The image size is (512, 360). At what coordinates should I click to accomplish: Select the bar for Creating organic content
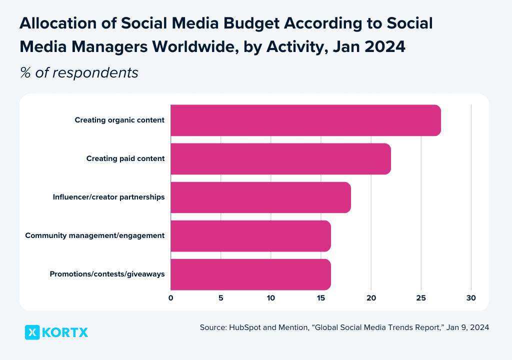click(x=305, y=120)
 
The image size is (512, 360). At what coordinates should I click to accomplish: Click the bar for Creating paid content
click(x=280, y=158)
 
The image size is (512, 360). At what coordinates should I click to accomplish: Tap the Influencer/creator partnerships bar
click(x=260, y=197)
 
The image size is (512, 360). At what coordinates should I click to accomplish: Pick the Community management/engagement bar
click(x=250, y=235)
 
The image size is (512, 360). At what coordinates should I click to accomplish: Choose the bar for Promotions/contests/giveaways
click(x=250, y=274)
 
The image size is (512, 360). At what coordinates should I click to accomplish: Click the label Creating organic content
click(x=119, y=120)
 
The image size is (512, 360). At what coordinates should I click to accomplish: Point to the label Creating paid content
click(x=125, y=158)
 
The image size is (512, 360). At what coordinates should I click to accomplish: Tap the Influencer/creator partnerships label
click(x=108, y=197)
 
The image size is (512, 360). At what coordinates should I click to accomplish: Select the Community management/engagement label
click(x=95, y=235)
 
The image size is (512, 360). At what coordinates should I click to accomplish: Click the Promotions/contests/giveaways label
click(x=107, y=274)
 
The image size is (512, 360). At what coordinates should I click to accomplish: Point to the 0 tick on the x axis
click(x=170, y=298)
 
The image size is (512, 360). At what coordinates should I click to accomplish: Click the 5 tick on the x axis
click(x=220, y=298)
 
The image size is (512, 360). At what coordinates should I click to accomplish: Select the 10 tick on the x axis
click(x=270, y=298)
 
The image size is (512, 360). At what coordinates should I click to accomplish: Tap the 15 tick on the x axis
click(x=320, y=298)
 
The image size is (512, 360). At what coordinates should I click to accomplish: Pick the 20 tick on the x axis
click(x=371, y=298)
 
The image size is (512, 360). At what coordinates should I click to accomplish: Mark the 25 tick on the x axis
click(x=421, y=298)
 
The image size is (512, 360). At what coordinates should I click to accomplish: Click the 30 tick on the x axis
click(x=471, y=298)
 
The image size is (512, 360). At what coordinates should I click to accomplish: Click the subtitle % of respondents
click(x=79, y=72)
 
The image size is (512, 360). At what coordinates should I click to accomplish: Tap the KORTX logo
click(x=56, y=332)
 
